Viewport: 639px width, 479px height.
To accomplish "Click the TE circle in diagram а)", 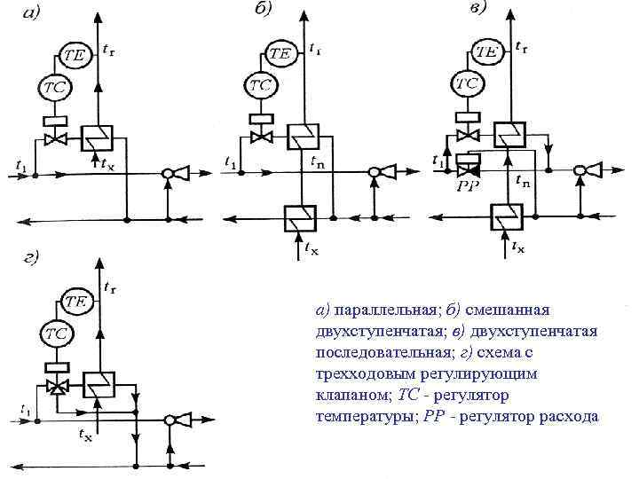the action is [74, 55].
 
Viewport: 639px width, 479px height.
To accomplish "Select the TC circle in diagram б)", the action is [260, 86].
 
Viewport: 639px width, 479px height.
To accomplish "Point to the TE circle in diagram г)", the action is [75, 302].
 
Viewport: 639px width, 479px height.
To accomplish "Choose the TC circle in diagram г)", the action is [56, 334].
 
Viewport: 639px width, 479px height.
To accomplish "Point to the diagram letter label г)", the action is [31, 259].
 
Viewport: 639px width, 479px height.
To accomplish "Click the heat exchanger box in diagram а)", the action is [95, 139].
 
